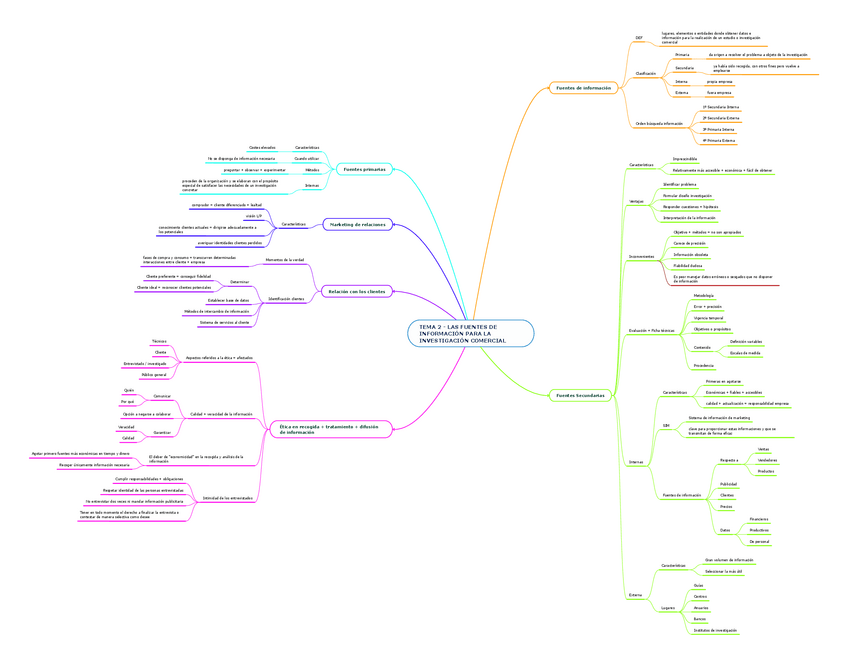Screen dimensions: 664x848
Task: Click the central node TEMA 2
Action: (471, 334)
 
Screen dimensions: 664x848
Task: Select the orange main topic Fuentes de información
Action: (582, 88)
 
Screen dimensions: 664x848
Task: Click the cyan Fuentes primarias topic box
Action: (364, 169)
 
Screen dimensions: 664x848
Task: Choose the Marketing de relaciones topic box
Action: (358, 224)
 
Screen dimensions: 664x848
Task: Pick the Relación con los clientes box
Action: (357, 291)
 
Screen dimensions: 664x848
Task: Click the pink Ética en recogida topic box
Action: (327, 429)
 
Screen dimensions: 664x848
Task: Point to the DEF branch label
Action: (639, 38)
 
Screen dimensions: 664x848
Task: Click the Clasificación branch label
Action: (645, 73)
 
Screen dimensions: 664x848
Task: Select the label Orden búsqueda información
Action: (659, 123)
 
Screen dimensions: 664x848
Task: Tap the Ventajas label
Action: (637, 201)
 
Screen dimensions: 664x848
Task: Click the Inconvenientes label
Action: (641, 256)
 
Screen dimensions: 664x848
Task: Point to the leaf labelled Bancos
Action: (699, 619)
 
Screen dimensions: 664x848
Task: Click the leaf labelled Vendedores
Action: (767, 460)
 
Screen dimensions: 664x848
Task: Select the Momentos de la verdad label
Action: (284, 260)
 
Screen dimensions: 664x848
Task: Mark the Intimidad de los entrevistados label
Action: (228, 498)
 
